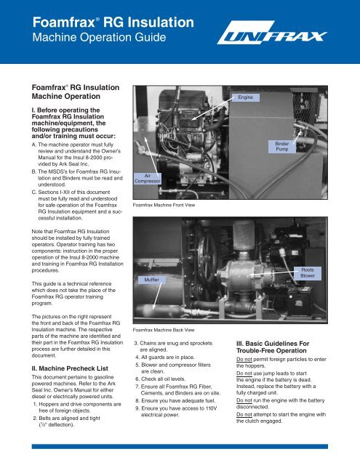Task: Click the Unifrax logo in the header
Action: [272, 33]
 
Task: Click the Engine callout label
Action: [245, 97]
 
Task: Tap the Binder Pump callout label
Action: [282, 146]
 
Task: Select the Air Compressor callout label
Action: [148, 179]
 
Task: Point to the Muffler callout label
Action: [152, 280]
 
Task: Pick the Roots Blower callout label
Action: [308, 273]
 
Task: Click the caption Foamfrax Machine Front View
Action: [164, 205]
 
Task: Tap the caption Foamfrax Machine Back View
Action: [164, 330]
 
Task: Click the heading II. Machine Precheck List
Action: [70, 368]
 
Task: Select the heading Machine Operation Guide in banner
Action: [99, 37]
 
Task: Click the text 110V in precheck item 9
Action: [211, 408]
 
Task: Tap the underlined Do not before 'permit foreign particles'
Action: [244, 360]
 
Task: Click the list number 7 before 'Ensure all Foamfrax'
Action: [137, 387]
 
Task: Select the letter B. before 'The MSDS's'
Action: [34, 171]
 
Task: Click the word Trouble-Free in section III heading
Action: [255, 350]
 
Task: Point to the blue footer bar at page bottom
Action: [180, 446]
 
